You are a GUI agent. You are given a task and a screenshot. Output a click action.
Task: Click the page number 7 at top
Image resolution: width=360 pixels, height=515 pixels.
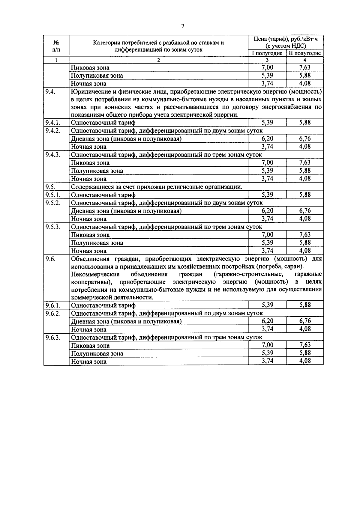pyautogui.click(x=182, y=26)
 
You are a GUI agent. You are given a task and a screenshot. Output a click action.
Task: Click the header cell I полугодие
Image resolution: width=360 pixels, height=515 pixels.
pyautogui.click(x=267, y=53)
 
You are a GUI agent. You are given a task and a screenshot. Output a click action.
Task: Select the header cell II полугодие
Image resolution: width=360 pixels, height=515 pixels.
pyautogui.click(x=305, y=53)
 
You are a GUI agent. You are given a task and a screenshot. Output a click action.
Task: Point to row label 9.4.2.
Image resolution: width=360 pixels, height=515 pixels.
pyautogui.click(x=53, y=130)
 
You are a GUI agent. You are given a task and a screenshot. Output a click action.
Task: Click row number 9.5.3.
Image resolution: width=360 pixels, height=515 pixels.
pyautogui.click(x=53, y=227)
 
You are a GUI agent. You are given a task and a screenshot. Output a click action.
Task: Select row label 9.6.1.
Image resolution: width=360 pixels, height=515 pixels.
pyautogui.click(x=53, y=305)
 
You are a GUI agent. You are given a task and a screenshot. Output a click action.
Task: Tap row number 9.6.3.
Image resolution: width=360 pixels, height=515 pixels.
pyautogui.click(x=53, y=337)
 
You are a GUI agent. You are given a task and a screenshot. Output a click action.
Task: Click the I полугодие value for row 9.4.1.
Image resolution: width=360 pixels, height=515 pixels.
pyautogui.click(x=267, y=122)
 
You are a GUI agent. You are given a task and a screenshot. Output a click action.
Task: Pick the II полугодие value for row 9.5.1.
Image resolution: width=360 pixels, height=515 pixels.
pyautogui.click(x=305, y=195)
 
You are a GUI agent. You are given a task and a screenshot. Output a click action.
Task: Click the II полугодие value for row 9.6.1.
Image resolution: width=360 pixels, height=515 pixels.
pyautogui.click(x=305, y=305)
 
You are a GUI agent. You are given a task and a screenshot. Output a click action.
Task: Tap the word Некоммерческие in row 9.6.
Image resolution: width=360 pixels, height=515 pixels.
pyautogui.click(x=95, y=274)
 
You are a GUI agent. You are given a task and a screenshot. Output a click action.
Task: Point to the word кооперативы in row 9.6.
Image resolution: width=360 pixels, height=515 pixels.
pyautogui.click(x=92, y=282)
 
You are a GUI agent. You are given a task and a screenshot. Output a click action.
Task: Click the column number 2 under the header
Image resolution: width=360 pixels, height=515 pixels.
pyautogui.click(x=158, y=60)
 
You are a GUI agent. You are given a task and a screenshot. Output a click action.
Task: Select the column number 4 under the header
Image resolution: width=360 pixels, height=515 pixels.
pyautogui.click(x=305, y=60)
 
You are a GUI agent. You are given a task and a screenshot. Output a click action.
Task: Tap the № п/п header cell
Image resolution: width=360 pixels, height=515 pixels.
pyautogui.click(x=56, y=46)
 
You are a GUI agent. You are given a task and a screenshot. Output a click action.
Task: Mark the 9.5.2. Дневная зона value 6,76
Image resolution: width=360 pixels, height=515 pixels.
pyautogui.click(x=305, y=210)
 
